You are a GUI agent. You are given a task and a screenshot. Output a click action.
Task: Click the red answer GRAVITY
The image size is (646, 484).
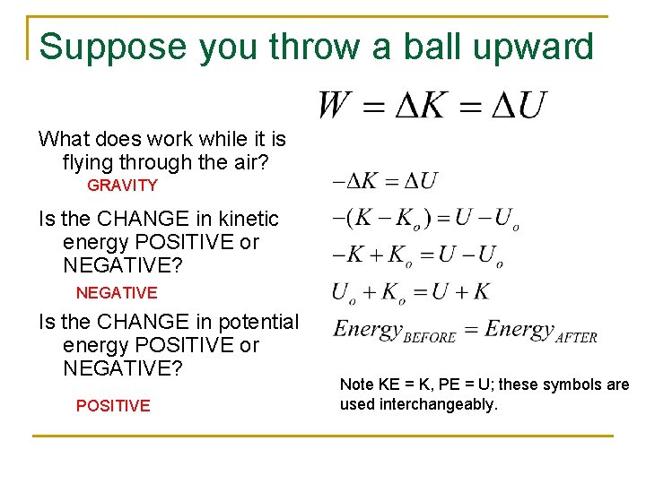coord(122,186)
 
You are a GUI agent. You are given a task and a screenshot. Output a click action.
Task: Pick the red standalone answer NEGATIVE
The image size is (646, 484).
coord(117,293)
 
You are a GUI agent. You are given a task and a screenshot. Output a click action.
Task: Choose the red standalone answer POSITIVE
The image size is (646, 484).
coord(113,406)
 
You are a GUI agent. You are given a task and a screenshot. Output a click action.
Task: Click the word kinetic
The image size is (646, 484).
coord(247,219)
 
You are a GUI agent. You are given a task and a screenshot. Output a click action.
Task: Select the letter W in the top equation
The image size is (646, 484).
coord(335,107)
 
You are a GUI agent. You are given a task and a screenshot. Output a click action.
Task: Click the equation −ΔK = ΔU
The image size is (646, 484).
coord(385,181)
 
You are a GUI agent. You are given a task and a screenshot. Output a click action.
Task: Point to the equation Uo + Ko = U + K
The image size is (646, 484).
coord(411,291)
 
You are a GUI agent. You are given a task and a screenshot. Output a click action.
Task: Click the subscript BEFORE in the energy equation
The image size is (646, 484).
coord(430,338)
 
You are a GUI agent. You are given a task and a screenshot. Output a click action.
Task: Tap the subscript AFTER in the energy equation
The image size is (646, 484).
coord(576,338)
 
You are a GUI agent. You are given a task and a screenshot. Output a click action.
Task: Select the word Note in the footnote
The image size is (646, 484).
coord(356,385)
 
